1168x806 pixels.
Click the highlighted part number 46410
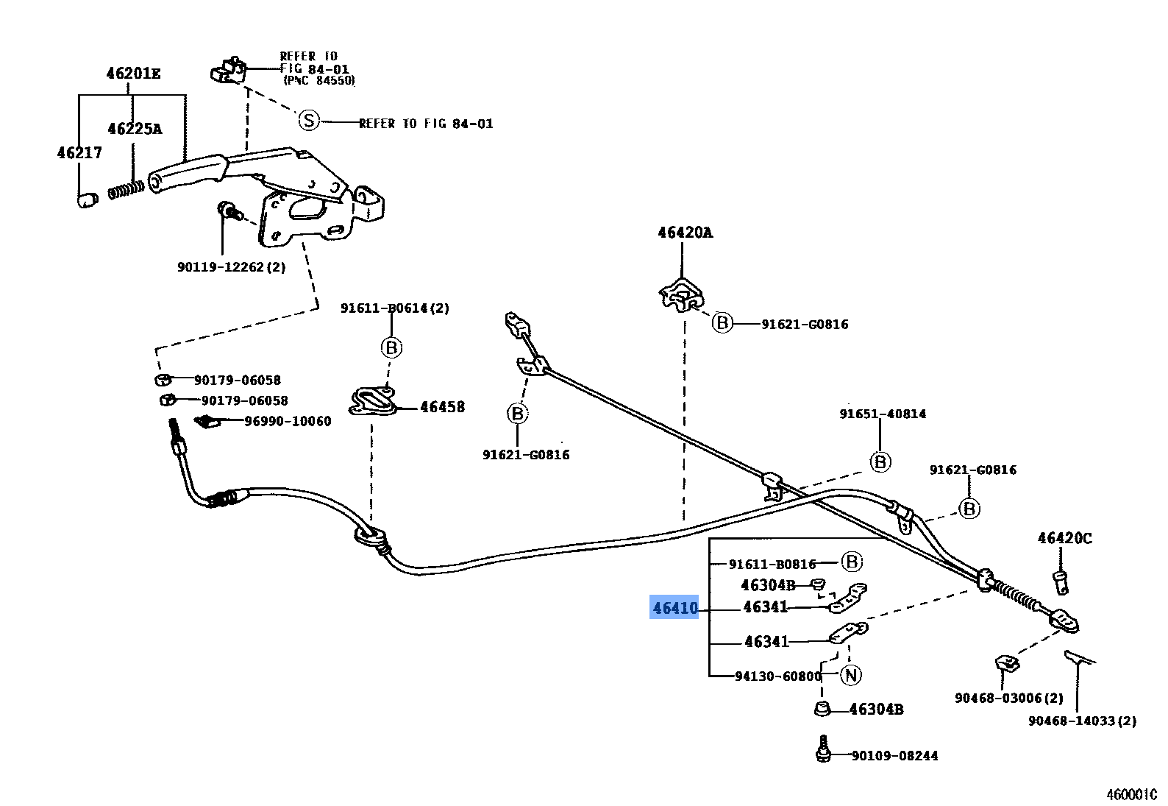(x=674, y=608)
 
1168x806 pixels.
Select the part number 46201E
(x=133, y=74)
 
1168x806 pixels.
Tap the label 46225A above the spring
(x=135, y=129)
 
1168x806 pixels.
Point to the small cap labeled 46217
(x=87, y=199)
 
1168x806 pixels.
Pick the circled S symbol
(x=309, y=120)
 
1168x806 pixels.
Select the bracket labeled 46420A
(x=680, y=295)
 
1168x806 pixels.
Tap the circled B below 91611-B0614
(x=391, y=347)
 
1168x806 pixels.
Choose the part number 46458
(x=442, y=407)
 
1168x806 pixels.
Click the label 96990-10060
(x=288, y=421)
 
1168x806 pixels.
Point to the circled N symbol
(x=851, y=675)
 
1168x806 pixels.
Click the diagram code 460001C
(x=1131, y=795)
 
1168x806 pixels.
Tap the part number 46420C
(x=1064, y=538)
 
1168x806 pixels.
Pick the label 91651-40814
(x=883, y=414)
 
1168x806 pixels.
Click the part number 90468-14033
(x=1081, y=721)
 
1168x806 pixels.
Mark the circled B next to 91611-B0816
(x=852, y=562)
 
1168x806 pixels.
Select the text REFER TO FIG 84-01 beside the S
(x=426, y=124)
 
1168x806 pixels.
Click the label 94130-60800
(x=777, y=676)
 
